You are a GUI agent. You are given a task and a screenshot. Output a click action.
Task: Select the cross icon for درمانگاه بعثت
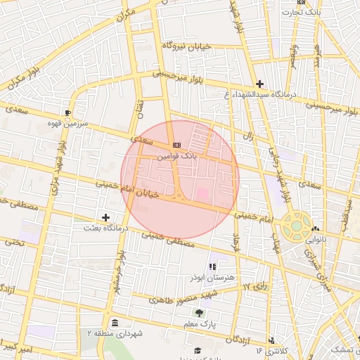point(105,218)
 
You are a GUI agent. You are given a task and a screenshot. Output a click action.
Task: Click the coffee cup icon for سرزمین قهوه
point(67,112)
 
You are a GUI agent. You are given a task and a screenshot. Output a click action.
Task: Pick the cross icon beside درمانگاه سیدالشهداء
point(259,84)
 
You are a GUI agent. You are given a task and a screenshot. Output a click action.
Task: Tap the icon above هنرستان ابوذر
point(212,266)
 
